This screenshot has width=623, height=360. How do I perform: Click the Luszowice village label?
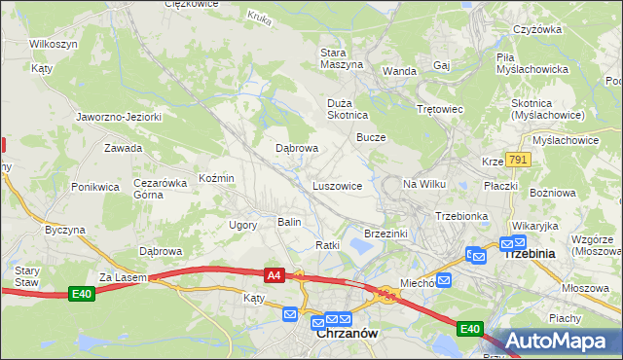[337, 185]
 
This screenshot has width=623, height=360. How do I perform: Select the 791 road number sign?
[517, 160]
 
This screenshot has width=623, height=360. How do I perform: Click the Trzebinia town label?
[528, 253]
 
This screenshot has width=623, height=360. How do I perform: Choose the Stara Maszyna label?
[342, 57]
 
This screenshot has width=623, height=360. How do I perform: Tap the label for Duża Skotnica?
[347, 107]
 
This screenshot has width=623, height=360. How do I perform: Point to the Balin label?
[289, 222]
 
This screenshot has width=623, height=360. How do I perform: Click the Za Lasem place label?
[122, 277]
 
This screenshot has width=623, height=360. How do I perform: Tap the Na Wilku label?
[423, 184]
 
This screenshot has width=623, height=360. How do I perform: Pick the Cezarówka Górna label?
[160, 188]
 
